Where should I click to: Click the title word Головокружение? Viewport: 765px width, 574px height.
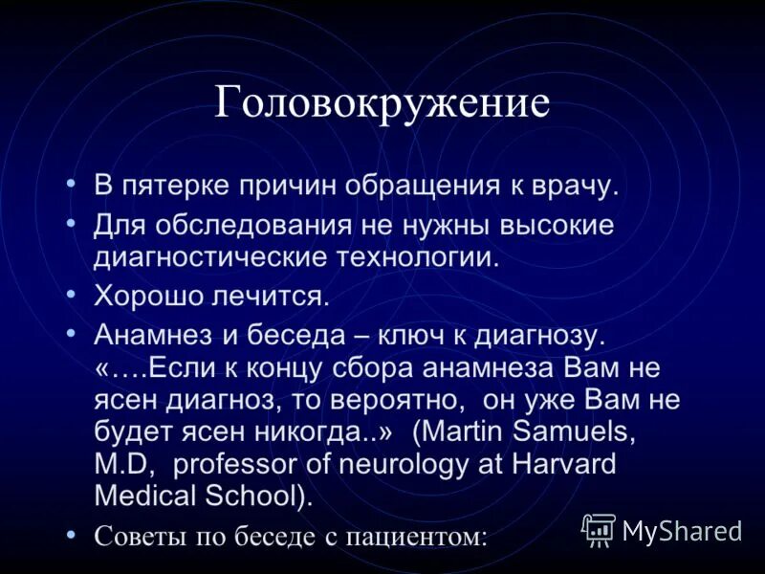(382, 102)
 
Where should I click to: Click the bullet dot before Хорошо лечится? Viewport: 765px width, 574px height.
(72, 293)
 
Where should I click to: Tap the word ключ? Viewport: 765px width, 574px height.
(414, 337)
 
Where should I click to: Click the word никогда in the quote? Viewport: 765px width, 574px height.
(315, 431)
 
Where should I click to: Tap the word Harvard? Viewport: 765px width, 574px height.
(560, 464)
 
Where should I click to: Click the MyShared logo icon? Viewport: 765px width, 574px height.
(600, 529)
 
